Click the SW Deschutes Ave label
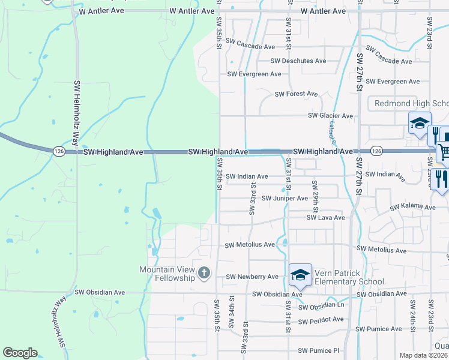[298, 61]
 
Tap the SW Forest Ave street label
[296, 94]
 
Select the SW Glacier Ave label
[330, 116]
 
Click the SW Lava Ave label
[325, 218]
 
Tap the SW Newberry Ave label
[252, 277]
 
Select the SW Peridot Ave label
[321, 319]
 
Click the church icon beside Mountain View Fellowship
[204, 274]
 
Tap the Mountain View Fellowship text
[167, 274]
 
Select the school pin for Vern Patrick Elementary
[300, 275]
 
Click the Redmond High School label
[411, 103]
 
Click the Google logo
[20, 353]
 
